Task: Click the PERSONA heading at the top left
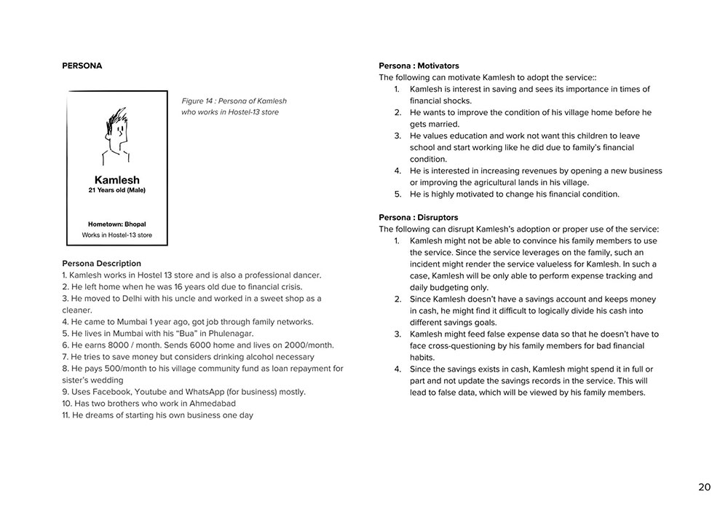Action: [82, 66]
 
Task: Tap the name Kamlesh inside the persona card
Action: [116, 180]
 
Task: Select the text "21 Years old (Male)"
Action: [116, 191]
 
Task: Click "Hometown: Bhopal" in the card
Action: [116, 224]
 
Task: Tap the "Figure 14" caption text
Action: [234, 101]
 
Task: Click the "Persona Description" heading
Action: [102, 264]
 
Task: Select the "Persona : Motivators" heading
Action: [419, 66]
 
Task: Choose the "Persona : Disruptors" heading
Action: [418, 218]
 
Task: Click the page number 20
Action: [704, 487]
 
